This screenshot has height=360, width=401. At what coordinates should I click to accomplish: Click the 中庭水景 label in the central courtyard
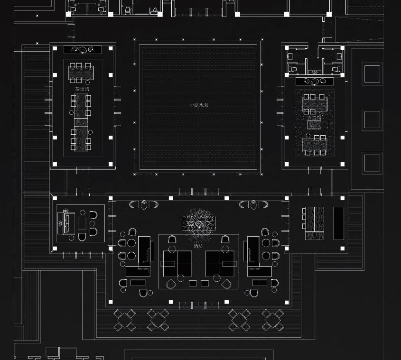click(x=199, y=105)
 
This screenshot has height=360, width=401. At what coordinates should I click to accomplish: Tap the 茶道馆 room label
click(x=82, y=89)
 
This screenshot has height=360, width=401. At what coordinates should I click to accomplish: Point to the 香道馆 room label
click(x=314, y=118)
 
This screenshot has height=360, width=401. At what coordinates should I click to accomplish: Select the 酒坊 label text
click(x=198, y=246)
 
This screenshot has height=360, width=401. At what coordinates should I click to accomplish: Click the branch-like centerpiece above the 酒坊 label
click(x=198, y=223)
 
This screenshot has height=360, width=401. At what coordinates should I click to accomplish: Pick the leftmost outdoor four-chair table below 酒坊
click(x=124, y=320)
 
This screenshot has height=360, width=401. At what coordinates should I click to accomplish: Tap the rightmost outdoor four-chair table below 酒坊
click(x=273, y=320)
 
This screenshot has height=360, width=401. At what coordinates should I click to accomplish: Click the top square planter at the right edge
click(x=372, y=74)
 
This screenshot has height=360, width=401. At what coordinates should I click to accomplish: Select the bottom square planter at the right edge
click(x=372, y=163)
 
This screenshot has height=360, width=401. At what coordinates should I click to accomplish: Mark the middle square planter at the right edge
click(x=372, y=120)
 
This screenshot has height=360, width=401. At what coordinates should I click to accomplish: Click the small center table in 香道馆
click(x=314, y=125)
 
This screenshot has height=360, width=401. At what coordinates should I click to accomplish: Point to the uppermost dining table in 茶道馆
click(x=81, y=73)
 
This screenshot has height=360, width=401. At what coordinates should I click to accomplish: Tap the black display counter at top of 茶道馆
click(x=83, y=49)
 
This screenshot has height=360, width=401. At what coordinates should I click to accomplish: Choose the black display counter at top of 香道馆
click(x=314, y=81)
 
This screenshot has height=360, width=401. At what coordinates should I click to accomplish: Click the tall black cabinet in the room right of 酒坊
click(x=338, y=223)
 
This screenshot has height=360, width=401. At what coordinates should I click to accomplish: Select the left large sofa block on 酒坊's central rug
click(x=177, y=263)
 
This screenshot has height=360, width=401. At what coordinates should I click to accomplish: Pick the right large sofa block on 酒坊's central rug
click(x=220, y=263)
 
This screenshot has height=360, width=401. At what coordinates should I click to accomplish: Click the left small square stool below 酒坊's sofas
click(x=193, y=283)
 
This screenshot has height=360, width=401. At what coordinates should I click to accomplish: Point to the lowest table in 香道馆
click(x=314, y=145)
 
